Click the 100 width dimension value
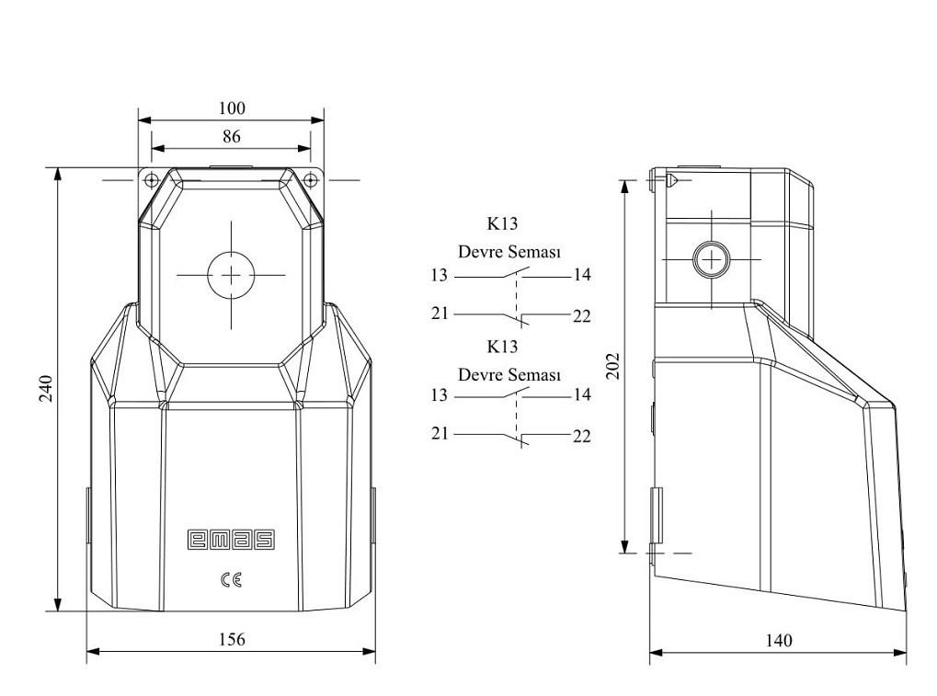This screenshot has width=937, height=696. coord(232,108)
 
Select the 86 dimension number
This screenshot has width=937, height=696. coord(232,137)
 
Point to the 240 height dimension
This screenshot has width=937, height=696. coord(46,388)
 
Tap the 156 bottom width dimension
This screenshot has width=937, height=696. coord(232,639)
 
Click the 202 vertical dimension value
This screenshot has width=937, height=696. coord(613,366)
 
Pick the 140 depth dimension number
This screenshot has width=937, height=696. coord(779,641)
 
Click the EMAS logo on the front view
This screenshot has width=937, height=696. coord(232,539)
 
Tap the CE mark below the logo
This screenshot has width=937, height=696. coord(232,579)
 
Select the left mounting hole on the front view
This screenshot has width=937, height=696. coord(152,179)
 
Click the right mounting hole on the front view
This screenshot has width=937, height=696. coord(311,179)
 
